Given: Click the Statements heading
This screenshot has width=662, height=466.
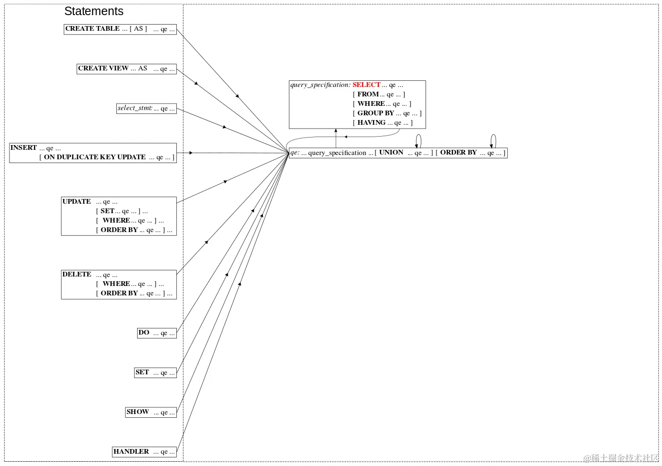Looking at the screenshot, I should (94, 11).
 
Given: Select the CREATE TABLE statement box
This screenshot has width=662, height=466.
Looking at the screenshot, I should (120, 29).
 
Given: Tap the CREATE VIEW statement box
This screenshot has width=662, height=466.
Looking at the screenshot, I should (126, 69).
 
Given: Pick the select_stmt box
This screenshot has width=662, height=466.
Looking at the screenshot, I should (146, 108).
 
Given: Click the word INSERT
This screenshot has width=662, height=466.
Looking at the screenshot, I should (24, 148).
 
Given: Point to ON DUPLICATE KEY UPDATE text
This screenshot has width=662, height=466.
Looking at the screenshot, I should (95, 157).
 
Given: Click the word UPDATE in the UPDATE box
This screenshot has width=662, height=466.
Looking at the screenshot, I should (77, 202).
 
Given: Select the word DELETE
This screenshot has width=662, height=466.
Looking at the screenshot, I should (77, 275).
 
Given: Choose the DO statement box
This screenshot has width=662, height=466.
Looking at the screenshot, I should (157, 333).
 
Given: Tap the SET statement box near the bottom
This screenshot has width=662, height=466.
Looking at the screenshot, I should (155, 372).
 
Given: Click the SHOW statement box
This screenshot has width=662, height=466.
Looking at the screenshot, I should (150, 412).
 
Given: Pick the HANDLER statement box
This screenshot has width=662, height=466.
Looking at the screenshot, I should (144, 452).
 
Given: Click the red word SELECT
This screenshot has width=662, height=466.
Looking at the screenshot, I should (366, 85).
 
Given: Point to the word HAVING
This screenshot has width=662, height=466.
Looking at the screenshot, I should (372, 123).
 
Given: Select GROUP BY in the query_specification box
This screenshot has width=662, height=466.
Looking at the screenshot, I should (375, 113).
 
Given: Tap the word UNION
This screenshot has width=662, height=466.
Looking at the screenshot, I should (391, 153).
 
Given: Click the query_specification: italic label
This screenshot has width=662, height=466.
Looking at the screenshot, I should (320, 85).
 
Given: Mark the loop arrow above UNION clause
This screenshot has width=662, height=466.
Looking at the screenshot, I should (418, 140).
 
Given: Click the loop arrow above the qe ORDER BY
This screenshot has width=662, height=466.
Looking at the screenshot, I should (493, 140).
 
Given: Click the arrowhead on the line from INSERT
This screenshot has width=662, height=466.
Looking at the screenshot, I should (191, 153).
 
